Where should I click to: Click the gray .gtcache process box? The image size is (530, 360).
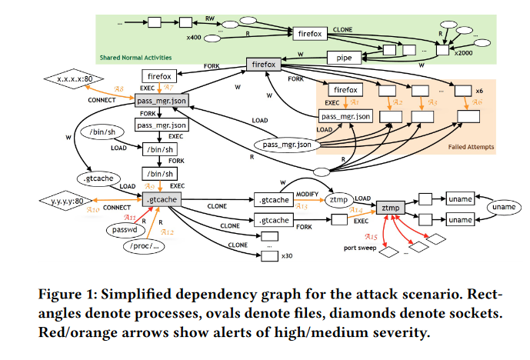[x=160, y=199]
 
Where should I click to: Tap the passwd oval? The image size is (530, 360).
[x=124, y=229]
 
